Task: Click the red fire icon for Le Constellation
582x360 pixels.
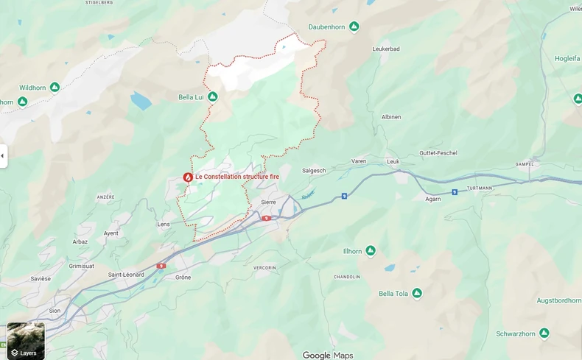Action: pyautogui.click(x=188, y=177)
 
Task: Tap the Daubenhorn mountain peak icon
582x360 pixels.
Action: pyautogui.click(x=354, y=27)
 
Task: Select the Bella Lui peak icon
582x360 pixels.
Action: pyautogui.click(x=212, y=96)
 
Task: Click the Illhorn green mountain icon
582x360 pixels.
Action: pyautogui.click(x=371, y=251)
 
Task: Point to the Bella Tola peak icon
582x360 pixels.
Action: pyautogui.click(x=417, y=294)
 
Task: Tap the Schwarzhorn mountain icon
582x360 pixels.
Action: pyautogui.click(x=544, y=333)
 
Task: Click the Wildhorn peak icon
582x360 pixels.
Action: pyautogui.click(x=55, y=88)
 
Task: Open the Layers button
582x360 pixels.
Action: pyautogui.click(x=26, y=341)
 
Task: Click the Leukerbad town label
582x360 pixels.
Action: pyautogui.click(x=386, y=49)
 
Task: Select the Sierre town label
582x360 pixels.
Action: pyautogui.click(x=268, y=202)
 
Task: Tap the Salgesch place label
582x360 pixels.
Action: pyautogui.click(x=314, y=170)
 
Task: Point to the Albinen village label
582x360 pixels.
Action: pyautogui.click(x=391, y=117)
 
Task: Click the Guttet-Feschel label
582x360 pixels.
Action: pyautogui.click(x=438, y=153)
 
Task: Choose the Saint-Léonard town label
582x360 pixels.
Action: pyautogui.click(x=126, y=275)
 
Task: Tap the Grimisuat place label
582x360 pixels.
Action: pyautogui.click(x=82, y=266)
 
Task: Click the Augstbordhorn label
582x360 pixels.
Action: pyautogui.click(x=558, y=300)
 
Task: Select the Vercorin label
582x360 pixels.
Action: pyautogui.click(x=264, y=267)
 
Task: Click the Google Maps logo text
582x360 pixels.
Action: pyautogui.click(x=328, y=355)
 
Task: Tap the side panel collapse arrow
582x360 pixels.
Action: pyautogui.click(x=3, y=156)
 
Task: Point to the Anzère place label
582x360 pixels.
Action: pyautogui.click(x=106, y=197)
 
